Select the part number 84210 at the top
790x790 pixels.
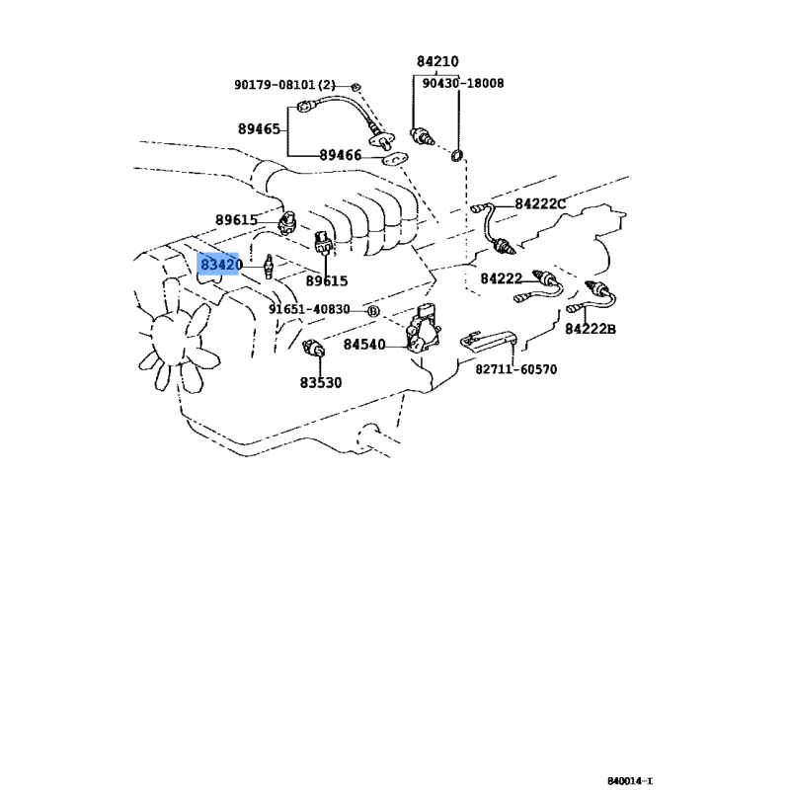[437, 61]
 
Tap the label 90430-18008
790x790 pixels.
[462, 83]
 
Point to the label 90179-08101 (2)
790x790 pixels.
[284, 85]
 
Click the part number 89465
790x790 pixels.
[259, 129]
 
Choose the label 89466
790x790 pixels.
[341, 155]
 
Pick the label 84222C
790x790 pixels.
[540, 204]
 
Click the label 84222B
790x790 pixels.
[591, 329]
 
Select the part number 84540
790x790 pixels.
[364, 345]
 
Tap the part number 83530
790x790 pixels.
[321, 383]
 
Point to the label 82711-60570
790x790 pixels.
[516, 369]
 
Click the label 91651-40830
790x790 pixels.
[309, 309]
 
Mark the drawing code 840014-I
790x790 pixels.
[630, 781]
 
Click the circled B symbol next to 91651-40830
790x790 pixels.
[372, 311]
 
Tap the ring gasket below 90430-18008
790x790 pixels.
[456, 156]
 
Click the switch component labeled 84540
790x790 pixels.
[424, 329]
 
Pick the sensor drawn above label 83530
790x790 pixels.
[313, 348]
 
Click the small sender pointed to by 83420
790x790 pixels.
[269, 266]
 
